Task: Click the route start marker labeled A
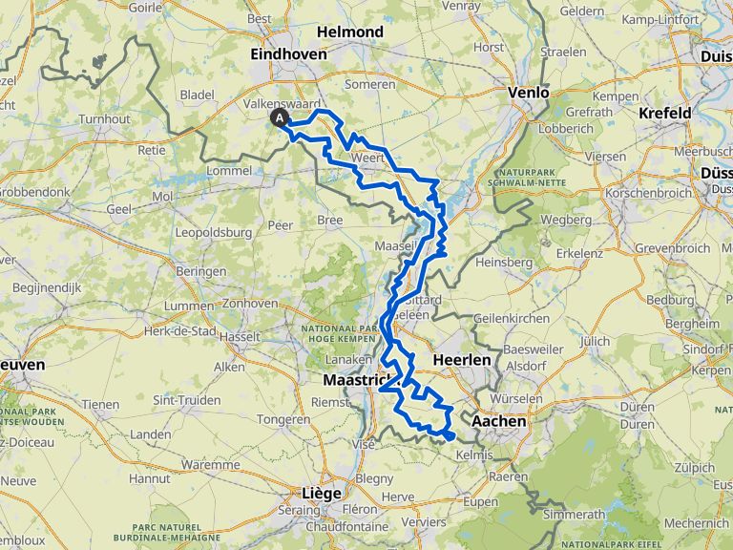[280, 117]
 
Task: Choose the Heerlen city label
[461, 360]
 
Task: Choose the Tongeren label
[283, 418]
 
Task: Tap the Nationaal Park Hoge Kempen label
[349, 333]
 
